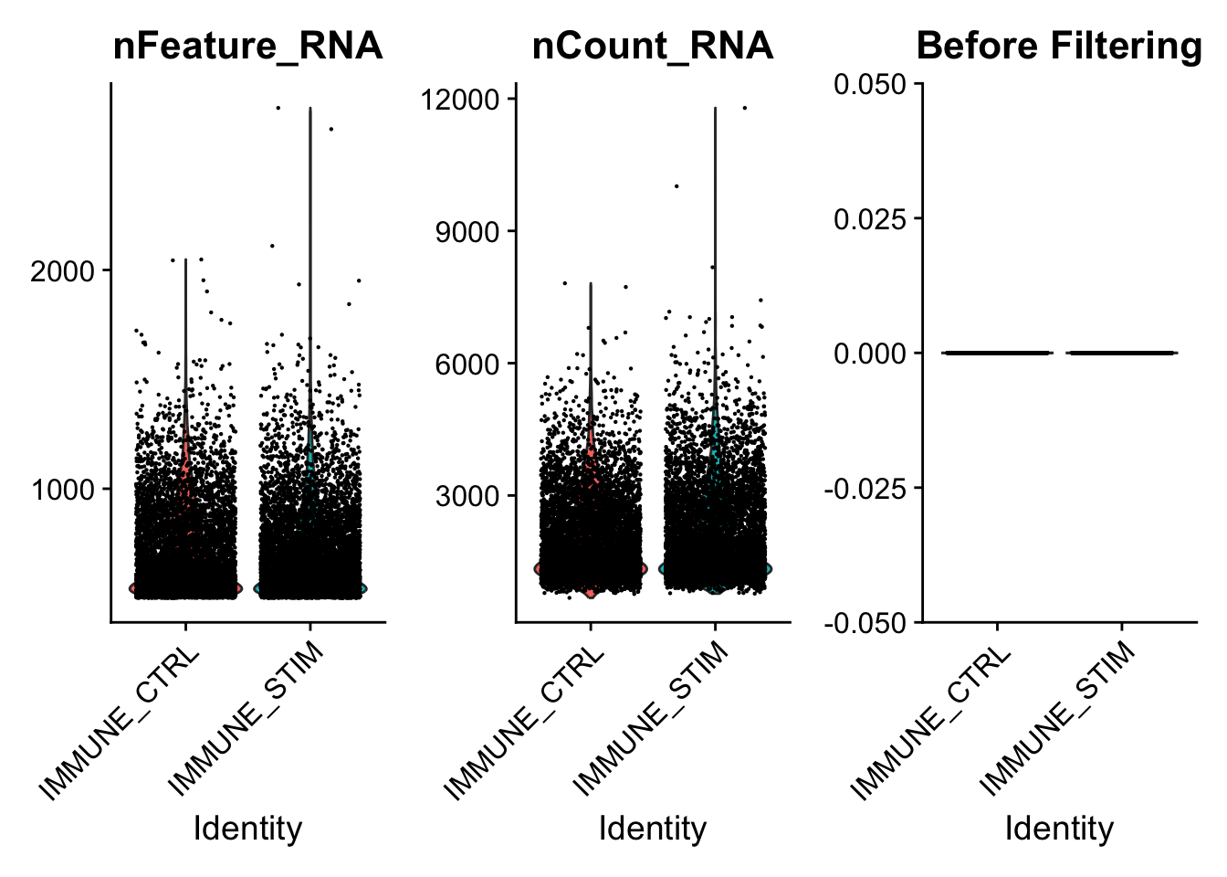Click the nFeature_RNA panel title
point(247,46)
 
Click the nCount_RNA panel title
point(653,46)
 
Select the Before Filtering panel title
point(1059,46)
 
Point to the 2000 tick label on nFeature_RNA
point(63,271)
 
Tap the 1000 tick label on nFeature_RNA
point(63,490)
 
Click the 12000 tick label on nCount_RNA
point(460,99)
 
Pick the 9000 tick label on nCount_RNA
point(467,232)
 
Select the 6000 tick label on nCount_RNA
point(467,365)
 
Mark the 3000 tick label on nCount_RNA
point(467,497)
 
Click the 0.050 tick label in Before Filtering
point(870,85)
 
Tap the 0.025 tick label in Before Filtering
point(870,219)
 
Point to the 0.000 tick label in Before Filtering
point(870,354)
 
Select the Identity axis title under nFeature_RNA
point(247,829)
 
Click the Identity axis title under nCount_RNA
point(653,829)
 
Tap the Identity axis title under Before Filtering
point(1059,829)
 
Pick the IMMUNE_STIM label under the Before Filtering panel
point(1059,717)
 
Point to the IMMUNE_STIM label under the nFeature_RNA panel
point(247,717)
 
